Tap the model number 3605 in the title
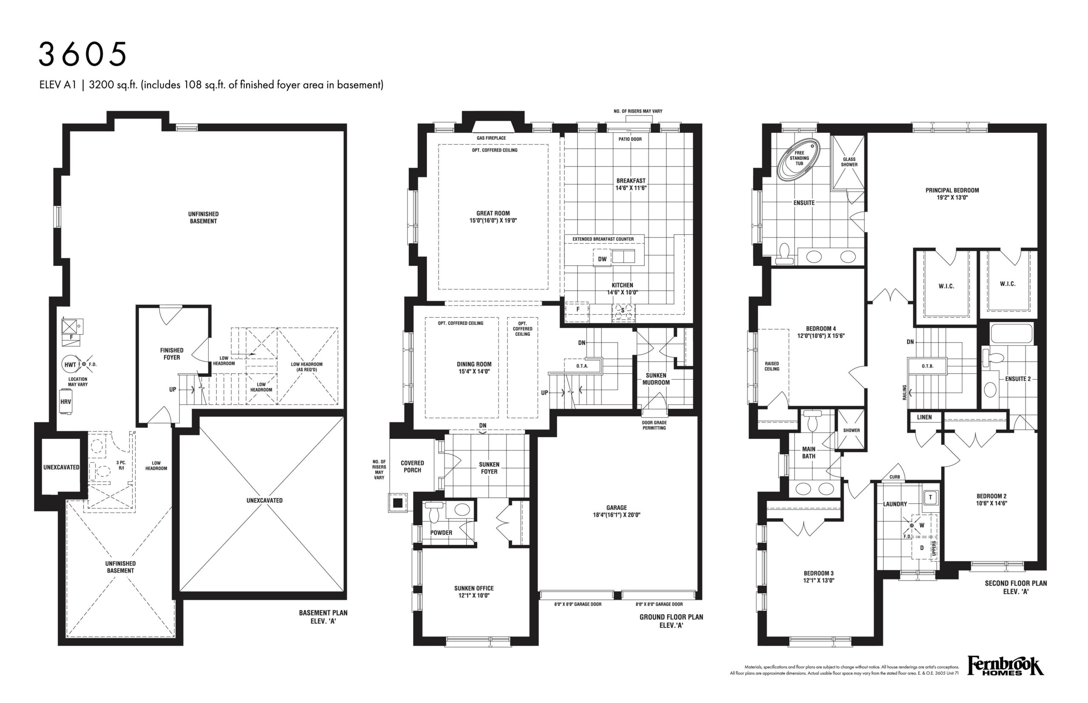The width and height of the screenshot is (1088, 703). click(x=83, y=54)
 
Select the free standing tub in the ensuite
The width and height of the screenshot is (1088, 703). click(x=798, y=158)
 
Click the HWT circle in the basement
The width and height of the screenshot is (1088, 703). click(x=71, y=364)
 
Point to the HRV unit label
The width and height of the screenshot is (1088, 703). click(x=66, y=402)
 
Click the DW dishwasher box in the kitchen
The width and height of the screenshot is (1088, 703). click(x=602, y=259)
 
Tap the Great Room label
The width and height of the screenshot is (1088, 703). click(x=493, y=213)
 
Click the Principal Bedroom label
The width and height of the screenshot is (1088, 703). click(x=952, y=190)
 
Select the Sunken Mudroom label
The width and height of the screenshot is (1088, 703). click(x=656, y=379)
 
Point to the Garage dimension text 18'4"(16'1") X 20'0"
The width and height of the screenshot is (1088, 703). click(x=616, y=515)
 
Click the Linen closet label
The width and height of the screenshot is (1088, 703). click(x=924, y=417)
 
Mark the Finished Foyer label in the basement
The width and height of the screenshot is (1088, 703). click(x=172, y=354)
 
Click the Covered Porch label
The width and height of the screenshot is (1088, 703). click(x=412, y=467)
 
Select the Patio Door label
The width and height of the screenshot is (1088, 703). click(x=630, y=139)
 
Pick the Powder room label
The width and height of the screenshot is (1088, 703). click(x=441, y=533)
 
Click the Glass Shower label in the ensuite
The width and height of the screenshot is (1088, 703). click(x=849, y=162)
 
